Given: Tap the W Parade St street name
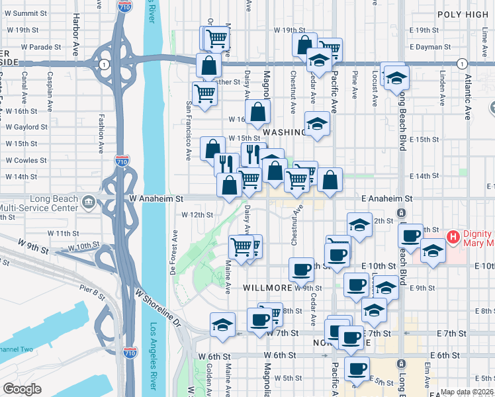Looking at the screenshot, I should click(41, 47).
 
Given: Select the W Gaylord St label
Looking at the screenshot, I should click(26, 126).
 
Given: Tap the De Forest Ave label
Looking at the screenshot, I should click(173, 252).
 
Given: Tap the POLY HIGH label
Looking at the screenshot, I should click(463, 14).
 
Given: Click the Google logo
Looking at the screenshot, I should click(22, 389).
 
